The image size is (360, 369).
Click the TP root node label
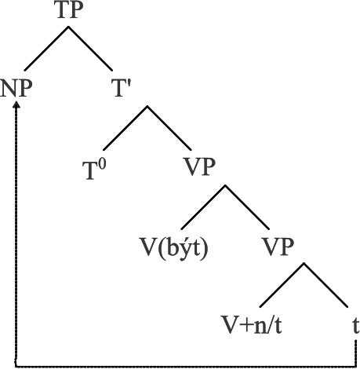point(70,10)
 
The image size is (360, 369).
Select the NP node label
point(16,88)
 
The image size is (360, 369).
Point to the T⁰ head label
point(94,170)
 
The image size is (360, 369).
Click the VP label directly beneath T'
point(200,166)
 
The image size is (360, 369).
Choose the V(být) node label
point(174,247)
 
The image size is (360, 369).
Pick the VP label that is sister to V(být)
point(278,247)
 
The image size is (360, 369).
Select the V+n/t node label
point(252,325)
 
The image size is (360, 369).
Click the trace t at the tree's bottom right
point(356,326)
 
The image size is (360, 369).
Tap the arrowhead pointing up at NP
point(16,104)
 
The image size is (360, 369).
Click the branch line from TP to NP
point(46,49)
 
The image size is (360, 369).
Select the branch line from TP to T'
point(90,49)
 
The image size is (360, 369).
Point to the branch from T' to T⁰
point(125,128)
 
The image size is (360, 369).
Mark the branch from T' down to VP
point(169,128)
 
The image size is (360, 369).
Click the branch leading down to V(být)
point(203,207)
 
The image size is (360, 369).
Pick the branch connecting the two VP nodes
point(247,207)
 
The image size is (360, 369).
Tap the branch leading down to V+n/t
point(282,285)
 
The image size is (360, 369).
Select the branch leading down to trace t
point(325,285)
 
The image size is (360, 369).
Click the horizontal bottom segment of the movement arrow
point(186,366)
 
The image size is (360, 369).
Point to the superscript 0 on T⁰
point(103,165)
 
